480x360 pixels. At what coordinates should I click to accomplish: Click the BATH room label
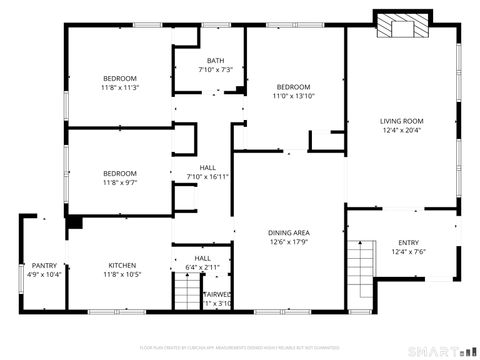click(215, 61)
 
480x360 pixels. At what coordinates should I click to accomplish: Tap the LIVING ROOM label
click(401, 121)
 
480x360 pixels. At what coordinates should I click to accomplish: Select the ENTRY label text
click(409, 243)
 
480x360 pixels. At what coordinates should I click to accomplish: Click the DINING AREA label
click(287, 232)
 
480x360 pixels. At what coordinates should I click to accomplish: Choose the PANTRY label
click(43, 265)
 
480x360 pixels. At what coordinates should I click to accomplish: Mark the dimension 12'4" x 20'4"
click(401, 130)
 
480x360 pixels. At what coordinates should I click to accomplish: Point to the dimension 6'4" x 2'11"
click(203, 268)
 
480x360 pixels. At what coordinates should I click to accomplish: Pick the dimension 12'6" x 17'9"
click(287, 241)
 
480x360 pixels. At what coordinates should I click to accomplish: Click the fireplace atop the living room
click(400, 25)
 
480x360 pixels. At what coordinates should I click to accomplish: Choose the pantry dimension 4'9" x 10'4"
click(43, 274)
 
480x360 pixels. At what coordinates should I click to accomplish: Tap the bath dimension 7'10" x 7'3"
click(215, 70)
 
